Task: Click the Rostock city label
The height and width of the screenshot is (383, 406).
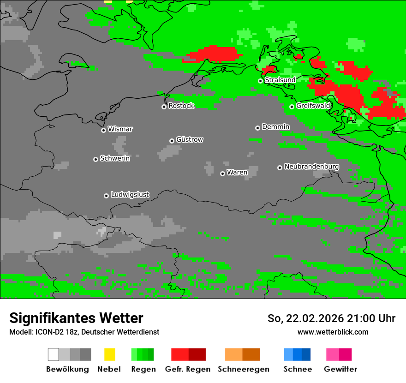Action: tap(181, 106)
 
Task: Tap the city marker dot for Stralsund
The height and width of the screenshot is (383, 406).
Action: tap(260, 81)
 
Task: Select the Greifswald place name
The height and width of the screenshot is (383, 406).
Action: tap(313, 106)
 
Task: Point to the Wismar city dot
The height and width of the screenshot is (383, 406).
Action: tap(103, 130)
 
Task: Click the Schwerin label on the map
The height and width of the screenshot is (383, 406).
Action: tap(115, 158)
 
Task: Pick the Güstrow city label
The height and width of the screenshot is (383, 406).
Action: tap(190, 139)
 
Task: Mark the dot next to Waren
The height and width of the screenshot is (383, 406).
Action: tap(222, 174)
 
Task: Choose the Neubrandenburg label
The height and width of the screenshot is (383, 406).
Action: tap(311, 167)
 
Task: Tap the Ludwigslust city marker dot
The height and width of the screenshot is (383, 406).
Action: tap(106, 196)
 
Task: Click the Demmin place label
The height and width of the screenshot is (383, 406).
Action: tap(275, 126)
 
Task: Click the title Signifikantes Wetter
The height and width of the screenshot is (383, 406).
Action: tap(76, 318)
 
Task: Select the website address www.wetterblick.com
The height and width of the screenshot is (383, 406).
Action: tap(333, 332)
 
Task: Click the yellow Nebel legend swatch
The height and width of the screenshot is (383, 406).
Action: tap(109, 354)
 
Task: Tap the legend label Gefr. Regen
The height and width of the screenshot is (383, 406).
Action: tap(188, 369)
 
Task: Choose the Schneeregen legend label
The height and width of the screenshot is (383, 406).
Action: tap(244, 369)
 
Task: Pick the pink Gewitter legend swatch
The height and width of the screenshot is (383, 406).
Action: tap(339, 354)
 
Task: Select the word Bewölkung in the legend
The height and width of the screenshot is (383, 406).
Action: tap(67, 369)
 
